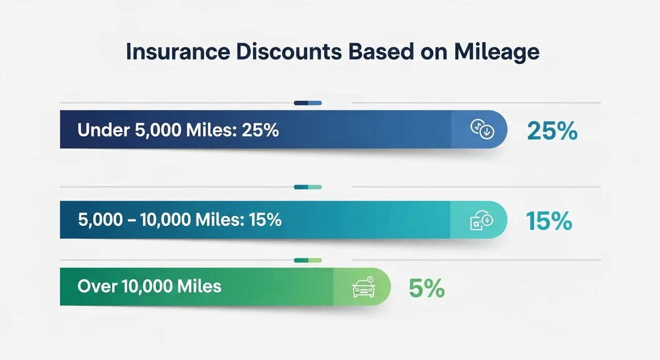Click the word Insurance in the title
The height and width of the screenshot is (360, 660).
click(x=178, y=52)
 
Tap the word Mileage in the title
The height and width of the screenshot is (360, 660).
click(x=497, y=53)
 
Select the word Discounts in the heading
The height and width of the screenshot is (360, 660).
click(x=289, y=52)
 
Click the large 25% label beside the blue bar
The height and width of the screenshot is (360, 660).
click(x=552, y=130)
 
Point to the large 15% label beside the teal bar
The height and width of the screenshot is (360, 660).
click(x=549, y=221)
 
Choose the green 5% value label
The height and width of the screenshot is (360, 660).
click(x=426, y=288)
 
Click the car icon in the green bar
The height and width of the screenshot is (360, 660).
click(x=364, y=287)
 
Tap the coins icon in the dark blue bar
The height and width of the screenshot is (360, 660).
click(x=482, y=129)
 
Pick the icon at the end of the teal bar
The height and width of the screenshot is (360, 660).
click(x=482, y=220)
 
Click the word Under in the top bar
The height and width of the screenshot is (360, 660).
click(x=104, y=129)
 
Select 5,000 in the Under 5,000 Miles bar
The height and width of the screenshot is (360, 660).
click(x=158, y=130)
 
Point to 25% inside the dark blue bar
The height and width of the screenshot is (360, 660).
click(x=260, y=130)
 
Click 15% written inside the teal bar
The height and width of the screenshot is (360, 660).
click(x=265, y=220)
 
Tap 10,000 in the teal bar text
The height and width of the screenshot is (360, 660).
click(x=166, y=220)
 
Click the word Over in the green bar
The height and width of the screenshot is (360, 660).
click(x=97, y=286)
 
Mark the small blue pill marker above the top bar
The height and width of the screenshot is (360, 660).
click(x=308, y=103)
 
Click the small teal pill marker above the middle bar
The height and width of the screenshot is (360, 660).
click(x=308, y=187)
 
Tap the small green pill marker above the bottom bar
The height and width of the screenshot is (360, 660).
click(x=308, y=260)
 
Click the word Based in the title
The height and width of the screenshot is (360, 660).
click(x=381, y=52)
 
